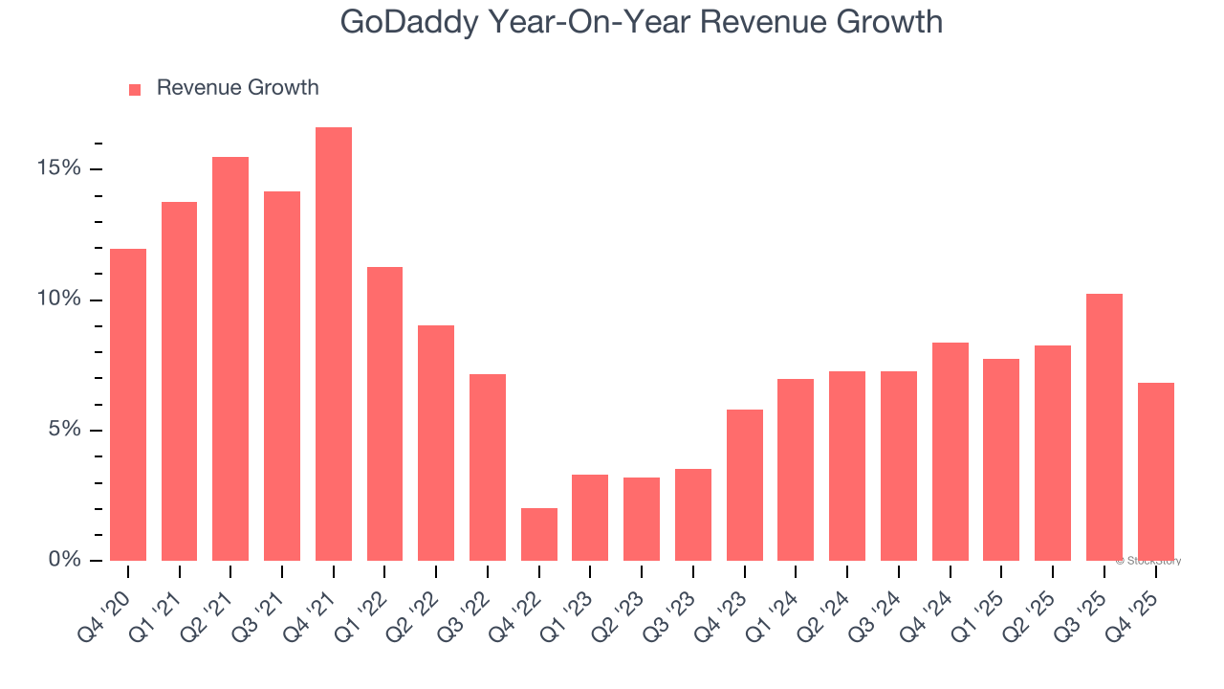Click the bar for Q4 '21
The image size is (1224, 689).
(334, 344)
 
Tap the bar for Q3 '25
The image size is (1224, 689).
(1104, 427)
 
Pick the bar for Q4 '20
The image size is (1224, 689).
(128, 405)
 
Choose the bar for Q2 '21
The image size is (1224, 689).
(230, 359)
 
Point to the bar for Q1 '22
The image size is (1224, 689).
(384, 413)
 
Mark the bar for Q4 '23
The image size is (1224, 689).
(745, 485)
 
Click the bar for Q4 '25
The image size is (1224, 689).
(1156, 472)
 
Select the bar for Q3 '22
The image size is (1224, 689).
(488, 467)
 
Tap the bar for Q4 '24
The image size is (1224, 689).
(951, 452)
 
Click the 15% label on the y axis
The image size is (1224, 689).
(58, 168)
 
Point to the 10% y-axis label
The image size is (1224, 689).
(58, 300)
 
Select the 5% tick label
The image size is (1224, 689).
(63, 430)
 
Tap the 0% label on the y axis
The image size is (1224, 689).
(63, 560)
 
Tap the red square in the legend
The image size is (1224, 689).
(135, 89)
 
